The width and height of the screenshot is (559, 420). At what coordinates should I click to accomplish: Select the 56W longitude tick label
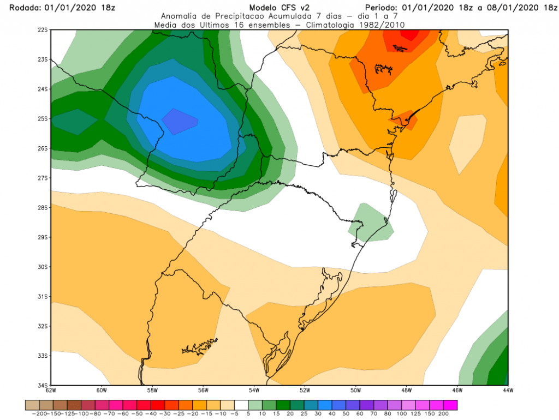coord(203,391)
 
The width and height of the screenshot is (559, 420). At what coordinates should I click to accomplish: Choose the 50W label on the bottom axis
coord(356,391)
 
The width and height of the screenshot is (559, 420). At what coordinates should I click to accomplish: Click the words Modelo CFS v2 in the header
coord(279,8)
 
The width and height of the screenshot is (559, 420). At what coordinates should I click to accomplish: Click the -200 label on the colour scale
coord(40,414)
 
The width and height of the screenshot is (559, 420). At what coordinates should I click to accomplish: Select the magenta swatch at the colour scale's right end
coord(450,405)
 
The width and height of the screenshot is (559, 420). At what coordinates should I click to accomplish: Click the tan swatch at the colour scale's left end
coord(32,405)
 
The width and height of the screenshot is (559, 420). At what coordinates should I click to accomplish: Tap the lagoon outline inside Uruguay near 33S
coord(200,346)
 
